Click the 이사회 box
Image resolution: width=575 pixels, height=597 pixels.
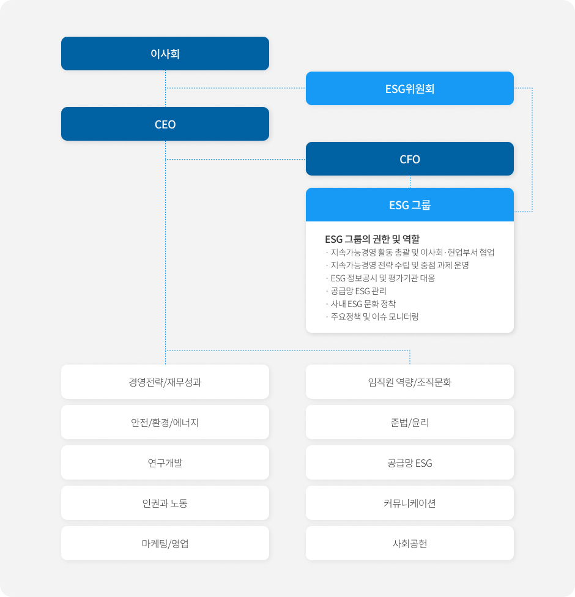pyautogui.click(x=165, y=53)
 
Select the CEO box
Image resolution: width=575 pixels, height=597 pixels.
pyautogui.click(x=165, y=124)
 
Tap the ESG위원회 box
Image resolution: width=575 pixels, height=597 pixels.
pyautogui.click(x=410, y=88)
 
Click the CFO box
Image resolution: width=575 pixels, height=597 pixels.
pyautogui.click(x=410, y=159)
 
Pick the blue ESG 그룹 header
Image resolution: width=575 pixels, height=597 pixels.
pyautogui.click(x=410, y=204)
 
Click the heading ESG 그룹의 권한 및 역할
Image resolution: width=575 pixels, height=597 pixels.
pyautogui.click(x=372, y=239)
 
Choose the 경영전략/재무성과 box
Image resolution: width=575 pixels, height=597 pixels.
pyautogui.click(x=165, y=382)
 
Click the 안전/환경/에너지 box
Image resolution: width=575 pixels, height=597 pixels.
pyautogui.click(x=165, y=422)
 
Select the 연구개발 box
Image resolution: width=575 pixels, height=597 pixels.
pyautogui.click(x=165, y=462)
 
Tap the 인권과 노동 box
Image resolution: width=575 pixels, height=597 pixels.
pyautogui.click(x=165, y=503)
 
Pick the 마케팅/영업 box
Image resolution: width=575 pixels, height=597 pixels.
pyautogui.click(x=165, y=543)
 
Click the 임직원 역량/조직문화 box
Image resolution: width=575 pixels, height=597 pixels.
pyautogui.click(x=410, y=382)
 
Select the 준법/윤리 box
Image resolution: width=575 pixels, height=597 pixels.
pyautogui.click(x=410, y=422)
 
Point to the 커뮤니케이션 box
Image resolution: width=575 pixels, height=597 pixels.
pyautogui.click(x=410, y=503)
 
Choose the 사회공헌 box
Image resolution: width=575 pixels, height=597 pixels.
pyautogui.click(x=410, y=543)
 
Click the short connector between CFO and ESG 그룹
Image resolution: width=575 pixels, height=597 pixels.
pyautogui.click(x=410, y=182)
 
